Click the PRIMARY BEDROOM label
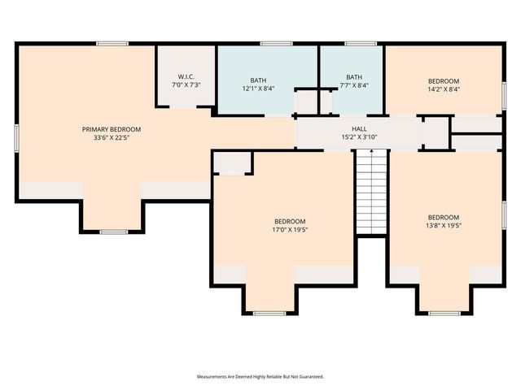pos(112,129)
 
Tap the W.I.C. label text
pos(186,76)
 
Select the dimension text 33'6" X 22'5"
pos(112,138)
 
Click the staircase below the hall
pos(371,192)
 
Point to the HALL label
pos(359,128)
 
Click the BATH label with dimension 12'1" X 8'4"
pos(258,80)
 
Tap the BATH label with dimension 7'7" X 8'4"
pos(353,76)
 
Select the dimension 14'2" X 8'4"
pos(444,89)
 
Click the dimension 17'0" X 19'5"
pos(290,230)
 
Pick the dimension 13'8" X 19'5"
pos(444,226)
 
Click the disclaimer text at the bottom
pos(260,377)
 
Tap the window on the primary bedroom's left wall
pos(16,136)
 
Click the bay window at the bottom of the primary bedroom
pos(113,232)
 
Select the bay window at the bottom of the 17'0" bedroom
pos(269,313)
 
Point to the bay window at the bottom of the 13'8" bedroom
pos(444,313)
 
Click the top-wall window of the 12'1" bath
pos(276,43)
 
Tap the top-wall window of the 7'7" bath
pos(360,43)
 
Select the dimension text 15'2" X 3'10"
pos(359,137)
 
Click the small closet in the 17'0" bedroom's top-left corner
pos(232,162)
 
